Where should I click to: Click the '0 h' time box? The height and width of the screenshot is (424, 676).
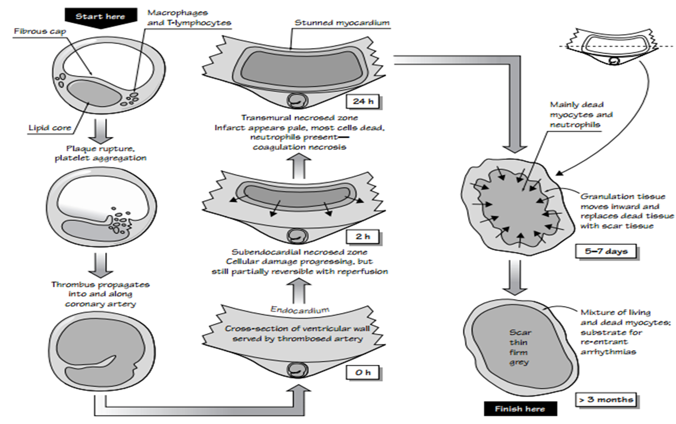(363, 373)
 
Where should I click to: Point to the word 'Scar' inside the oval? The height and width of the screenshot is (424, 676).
(521, 333)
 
